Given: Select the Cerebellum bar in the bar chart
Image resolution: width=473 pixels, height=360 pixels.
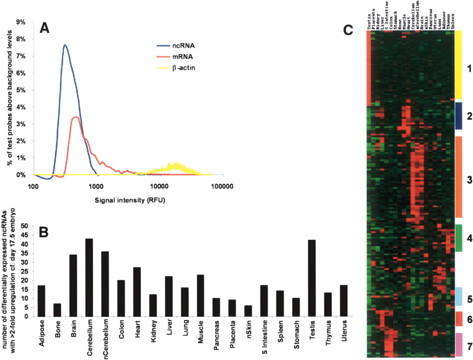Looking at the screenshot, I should point(89,277).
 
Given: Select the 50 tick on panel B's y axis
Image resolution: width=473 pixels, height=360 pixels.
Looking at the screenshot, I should point(24,226).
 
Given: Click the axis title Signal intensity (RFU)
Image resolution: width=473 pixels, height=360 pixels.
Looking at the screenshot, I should point(130,200).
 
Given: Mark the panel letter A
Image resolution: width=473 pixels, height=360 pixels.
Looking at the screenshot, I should point(44,28).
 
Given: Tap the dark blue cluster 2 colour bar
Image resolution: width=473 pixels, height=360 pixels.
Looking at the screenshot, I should point(458,116).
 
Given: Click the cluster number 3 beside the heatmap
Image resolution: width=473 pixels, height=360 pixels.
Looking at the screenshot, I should point(469,180).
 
